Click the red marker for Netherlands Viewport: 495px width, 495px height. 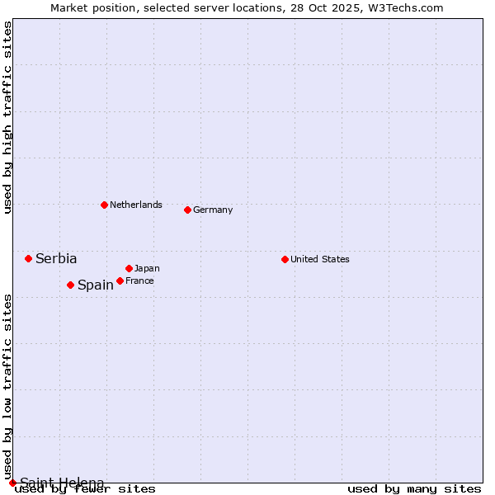(x=104, y=205)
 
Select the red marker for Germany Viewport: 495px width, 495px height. (x=187, y=210)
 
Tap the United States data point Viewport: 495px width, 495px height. (x=285, y=259)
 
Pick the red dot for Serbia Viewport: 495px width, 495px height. (x=28, y=258)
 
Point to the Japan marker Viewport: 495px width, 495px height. (x=129, y=268)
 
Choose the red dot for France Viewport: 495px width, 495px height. (x=120, y=280)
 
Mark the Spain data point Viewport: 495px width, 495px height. (x=70, y=285)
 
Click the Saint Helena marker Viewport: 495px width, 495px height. (x=12, y=483)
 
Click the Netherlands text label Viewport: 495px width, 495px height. (x=136, y=205)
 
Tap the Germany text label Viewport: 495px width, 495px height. (x=213, y=210)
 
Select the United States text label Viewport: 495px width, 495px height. (x=320, y=259)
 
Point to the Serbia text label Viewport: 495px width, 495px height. (x=56, y=258)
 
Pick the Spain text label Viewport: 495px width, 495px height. (x=96, y=285)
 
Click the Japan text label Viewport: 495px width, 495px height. (x=147, y=268)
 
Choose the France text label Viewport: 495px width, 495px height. (x=139, y=280)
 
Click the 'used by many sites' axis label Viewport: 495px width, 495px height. (x=414, y=488)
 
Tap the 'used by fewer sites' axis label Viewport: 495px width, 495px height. (x=85, y=488)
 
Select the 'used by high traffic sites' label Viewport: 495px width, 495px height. (x=7, y=118)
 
